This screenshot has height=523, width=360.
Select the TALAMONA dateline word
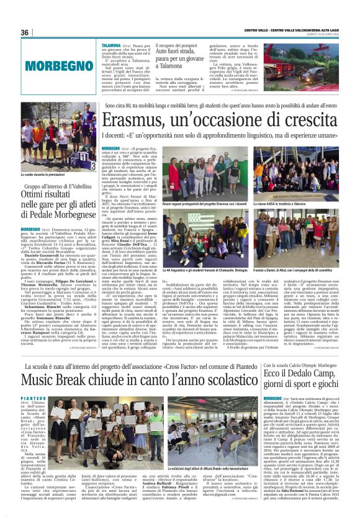pos(112,46)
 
